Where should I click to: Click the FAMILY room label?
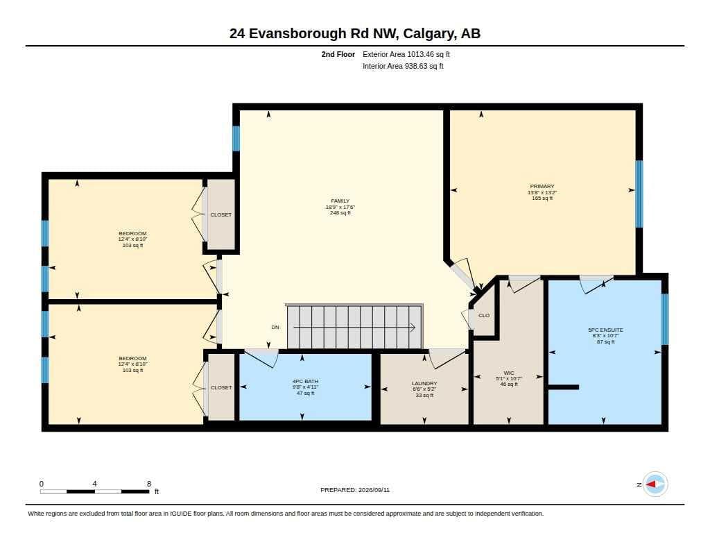coord(340,201)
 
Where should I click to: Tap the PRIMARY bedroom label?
coord(542,186)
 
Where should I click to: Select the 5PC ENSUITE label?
coord(605,330)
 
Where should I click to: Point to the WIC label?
coord(509,373)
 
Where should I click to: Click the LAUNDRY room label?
coord(424,384)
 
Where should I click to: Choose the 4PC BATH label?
coord(305,381)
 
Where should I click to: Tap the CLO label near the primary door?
coord(484,316)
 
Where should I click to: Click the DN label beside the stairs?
coord(275,328)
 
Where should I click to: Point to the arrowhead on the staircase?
coord(413,328)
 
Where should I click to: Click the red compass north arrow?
coord(650,484)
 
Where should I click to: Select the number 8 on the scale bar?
coord(149,484)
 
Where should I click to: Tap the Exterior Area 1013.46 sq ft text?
coord(406,54)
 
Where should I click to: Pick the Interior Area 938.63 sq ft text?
coord(403,66)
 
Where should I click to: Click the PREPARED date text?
coord(355,490)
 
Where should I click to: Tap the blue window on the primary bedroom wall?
coord(639,194)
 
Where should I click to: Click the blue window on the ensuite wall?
coord(665,319)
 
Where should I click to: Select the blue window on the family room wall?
coord(236,138)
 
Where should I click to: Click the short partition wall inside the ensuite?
coord(564,387)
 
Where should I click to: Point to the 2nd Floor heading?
coord(338,54)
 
